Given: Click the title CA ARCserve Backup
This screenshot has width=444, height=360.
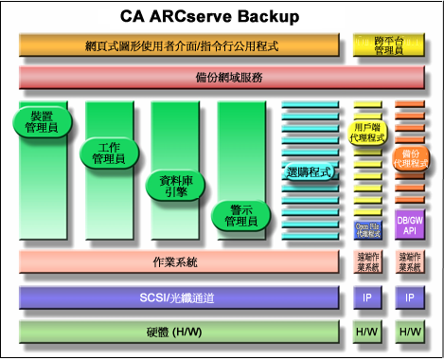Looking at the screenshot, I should (209, 16).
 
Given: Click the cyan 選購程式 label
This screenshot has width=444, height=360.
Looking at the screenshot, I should (309, 172).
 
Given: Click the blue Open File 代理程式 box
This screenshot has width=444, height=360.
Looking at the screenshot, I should (367, 228).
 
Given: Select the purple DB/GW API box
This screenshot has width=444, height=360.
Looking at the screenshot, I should (410, 225).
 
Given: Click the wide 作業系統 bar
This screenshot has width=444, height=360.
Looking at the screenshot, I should (179, 261).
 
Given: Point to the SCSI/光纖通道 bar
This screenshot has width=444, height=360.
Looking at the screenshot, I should (179, 298).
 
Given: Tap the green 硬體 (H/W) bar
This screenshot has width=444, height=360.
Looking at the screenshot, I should (179, 333).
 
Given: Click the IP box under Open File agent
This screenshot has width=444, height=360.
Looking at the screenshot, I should (367, 298).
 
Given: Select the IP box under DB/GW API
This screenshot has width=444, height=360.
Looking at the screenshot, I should (410, 298).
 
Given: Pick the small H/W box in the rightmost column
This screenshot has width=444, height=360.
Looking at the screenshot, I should (410, 333).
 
